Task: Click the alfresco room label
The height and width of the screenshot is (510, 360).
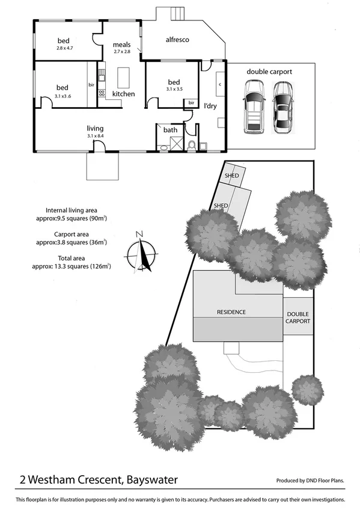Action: tap(177, 40)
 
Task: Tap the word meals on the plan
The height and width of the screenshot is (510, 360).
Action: tap(121, 45)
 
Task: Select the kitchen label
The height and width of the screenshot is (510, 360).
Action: tap(124, 94)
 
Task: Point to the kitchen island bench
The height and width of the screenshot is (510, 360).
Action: tap(123, 77)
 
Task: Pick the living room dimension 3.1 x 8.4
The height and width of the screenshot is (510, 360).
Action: tap(95, 136)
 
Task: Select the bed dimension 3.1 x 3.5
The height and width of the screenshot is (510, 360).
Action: tap(174, 89)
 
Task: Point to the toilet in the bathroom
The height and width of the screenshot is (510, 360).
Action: tap(192, 144)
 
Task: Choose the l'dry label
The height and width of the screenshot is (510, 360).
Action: tap(210, 106)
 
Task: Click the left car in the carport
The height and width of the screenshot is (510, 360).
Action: tap(254, 108)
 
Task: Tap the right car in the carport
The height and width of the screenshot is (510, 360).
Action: tap(282, 108)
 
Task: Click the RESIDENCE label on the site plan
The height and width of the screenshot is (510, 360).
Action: tap(231, 312)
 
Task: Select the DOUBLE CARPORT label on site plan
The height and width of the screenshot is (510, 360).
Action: tap(298, 318)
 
